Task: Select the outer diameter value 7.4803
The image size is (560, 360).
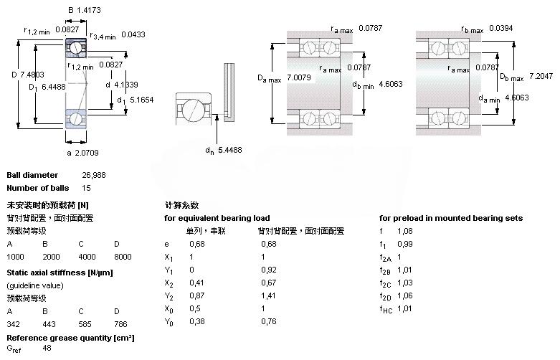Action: point(33,74)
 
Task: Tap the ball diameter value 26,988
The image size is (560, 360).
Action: point(94,175)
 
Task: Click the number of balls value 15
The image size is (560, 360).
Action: point(87,189)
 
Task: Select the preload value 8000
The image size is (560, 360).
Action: point(123,257)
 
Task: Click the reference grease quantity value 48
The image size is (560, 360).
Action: point(47,348)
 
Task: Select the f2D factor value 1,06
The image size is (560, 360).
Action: point(407,296)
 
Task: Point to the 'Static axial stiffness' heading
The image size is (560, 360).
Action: point(60,273)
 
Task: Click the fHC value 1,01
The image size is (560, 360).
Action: point(407,309)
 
